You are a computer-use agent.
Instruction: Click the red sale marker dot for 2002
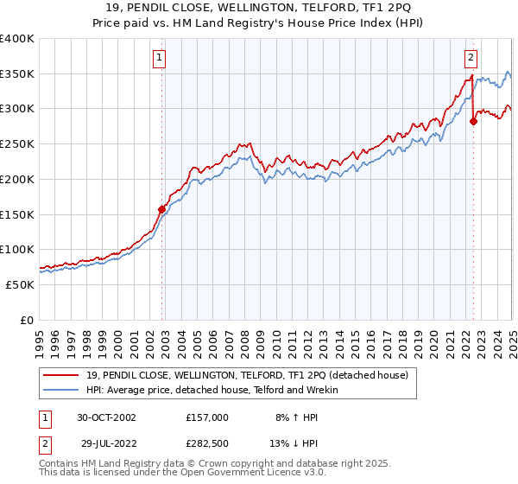click(x=161, y=208)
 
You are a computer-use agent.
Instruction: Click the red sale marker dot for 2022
click(x=473, y=121)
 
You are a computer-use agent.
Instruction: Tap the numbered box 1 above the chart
click(x=161, y=59)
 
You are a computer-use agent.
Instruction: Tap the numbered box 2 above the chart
click(x=471, y=59)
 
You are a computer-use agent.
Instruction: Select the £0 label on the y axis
click(x=27, y=320)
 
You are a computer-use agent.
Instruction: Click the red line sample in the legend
click(x=61, y=374)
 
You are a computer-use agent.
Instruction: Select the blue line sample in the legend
click(x=61, y=390)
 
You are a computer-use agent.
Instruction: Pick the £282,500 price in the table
click(x=206, y=442)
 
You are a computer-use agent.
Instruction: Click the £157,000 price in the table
click(x=206, y=417)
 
